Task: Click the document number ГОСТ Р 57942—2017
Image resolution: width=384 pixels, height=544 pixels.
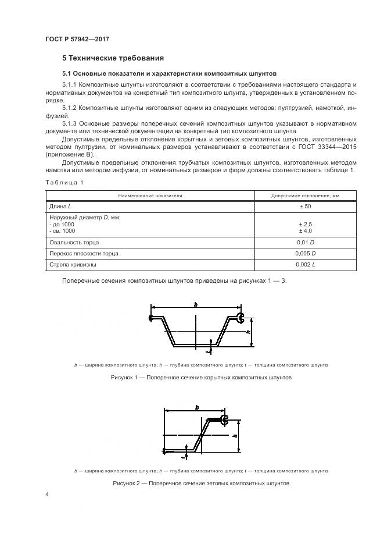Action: pyautogui.click(x=77, y=39)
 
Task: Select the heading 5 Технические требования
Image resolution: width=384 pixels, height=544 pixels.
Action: pyautogui.click(x=113, y=58)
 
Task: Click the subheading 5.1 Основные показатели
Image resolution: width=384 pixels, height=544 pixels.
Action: pyautogui.click(x=169, y=73)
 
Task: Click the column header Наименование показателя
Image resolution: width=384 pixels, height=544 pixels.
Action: pyautogui.click(x=150, y=195)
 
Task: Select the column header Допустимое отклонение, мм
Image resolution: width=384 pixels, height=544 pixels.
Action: pyautogui.click(x=306, y=195)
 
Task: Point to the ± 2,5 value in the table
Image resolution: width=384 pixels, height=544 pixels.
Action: pyautogui.click(x=306, y=223)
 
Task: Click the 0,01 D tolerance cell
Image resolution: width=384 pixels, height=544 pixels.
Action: pyautogui.click(x=306, y=241)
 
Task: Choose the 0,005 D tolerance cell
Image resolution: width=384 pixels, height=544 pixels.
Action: pyautogui.click(x=306, y=253)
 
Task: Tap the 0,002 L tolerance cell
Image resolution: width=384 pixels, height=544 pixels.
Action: pyautogui.click(x=306, y=265)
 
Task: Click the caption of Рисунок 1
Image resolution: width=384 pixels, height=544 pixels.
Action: pyautogui.click(x=200, y=378)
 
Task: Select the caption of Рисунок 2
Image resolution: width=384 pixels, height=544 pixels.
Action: pyautogui.click(x=200, y=483)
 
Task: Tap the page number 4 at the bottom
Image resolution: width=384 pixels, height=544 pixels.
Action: pyautogui.click(x=47, y=495)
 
